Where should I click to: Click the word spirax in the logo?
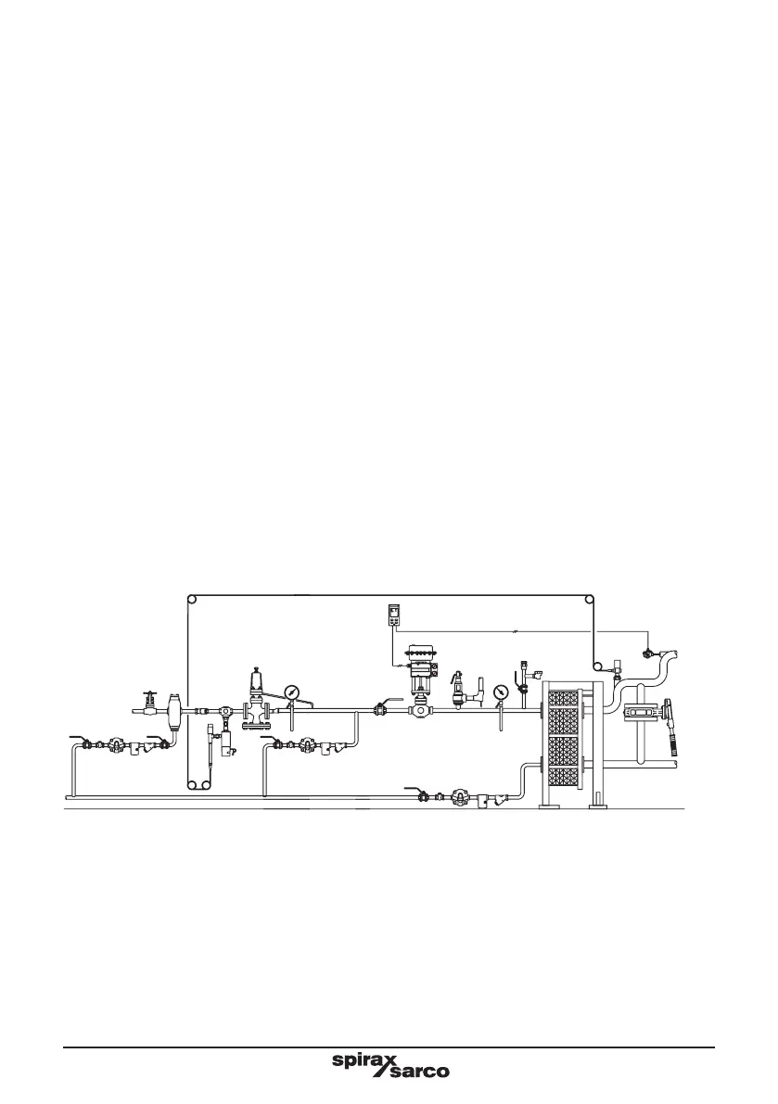pyautogui.click(x=364, y=1060)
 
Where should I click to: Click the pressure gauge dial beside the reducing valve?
pyautogui.click(x=292, y=692)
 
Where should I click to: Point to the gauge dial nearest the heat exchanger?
pyautogui.click(x=503, y=692)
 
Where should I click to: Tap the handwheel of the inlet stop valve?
pyautogui.click(x=148, y=693)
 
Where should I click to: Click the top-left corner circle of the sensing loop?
pyautogui.click(x=191, y=599)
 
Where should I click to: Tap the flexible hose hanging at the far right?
pyautogui.click(x=668, y=732)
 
